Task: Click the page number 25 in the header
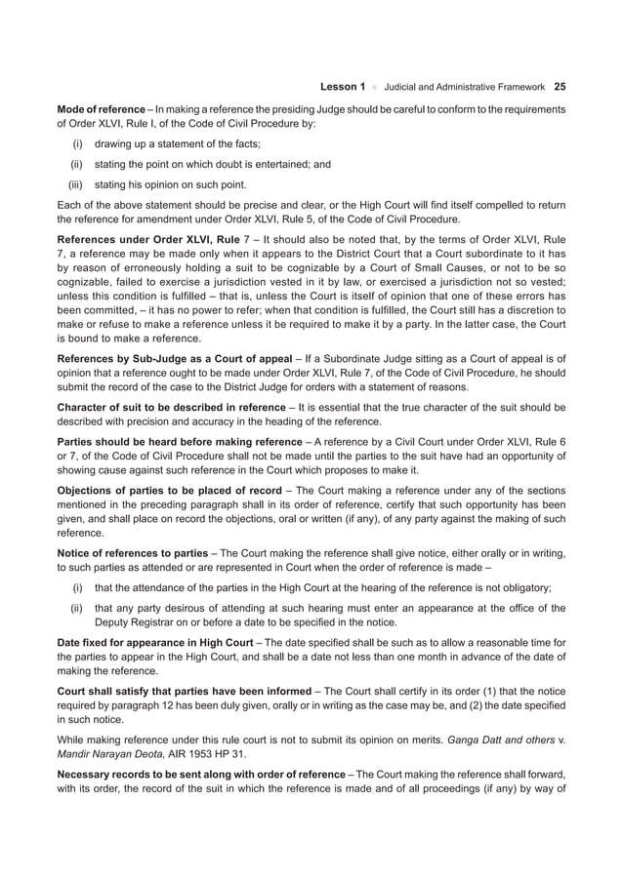(560, 87)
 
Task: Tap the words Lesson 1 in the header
(343, 87)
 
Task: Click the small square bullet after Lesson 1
(374, 87)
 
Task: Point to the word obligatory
(524, 587)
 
